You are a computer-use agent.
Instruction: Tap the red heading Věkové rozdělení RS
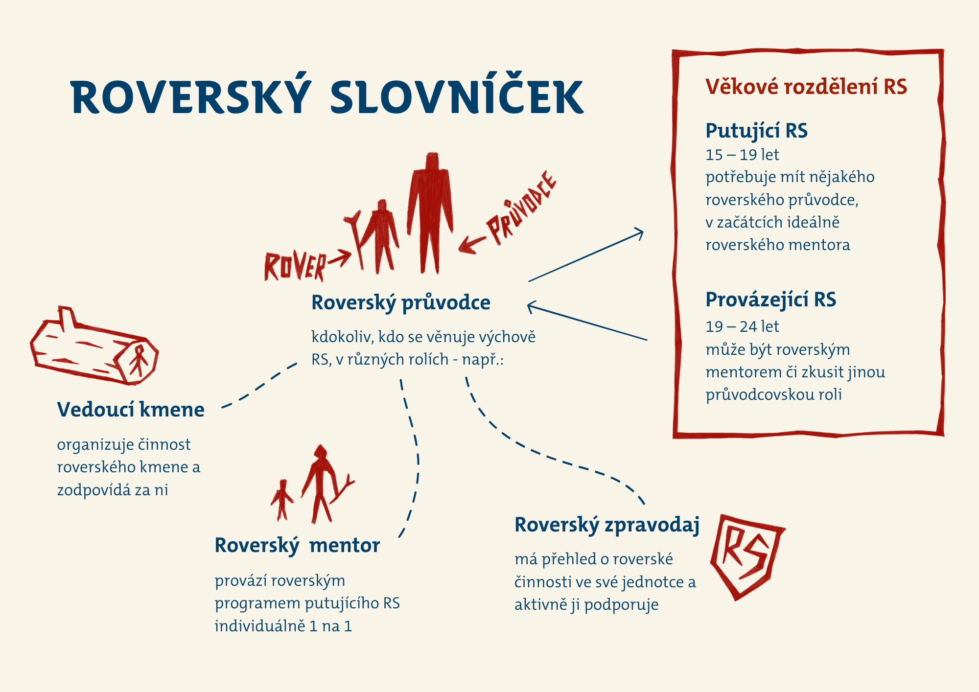[806, 87]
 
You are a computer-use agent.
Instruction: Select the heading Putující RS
[756, 131]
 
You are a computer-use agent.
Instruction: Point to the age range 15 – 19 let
[742, 155]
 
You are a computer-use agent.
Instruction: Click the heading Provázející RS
[770, 300]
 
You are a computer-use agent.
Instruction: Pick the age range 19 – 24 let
[742, 326]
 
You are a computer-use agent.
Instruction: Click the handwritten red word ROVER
[295, 267]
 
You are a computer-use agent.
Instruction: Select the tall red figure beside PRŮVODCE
[430, 213]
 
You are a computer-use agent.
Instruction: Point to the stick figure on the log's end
[138, 360]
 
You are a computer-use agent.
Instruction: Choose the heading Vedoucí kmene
[131, 410]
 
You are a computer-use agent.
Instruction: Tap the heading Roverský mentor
[297, 545]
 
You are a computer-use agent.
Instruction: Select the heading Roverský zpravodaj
[607, 525]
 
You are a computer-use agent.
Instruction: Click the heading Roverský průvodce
[401, 302]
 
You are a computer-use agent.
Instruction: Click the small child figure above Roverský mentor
[282, 500]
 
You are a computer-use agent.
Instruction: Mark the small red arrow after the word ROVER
[339, 258]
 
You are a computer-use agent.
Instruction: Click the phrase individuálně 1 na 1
[283, 626]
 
